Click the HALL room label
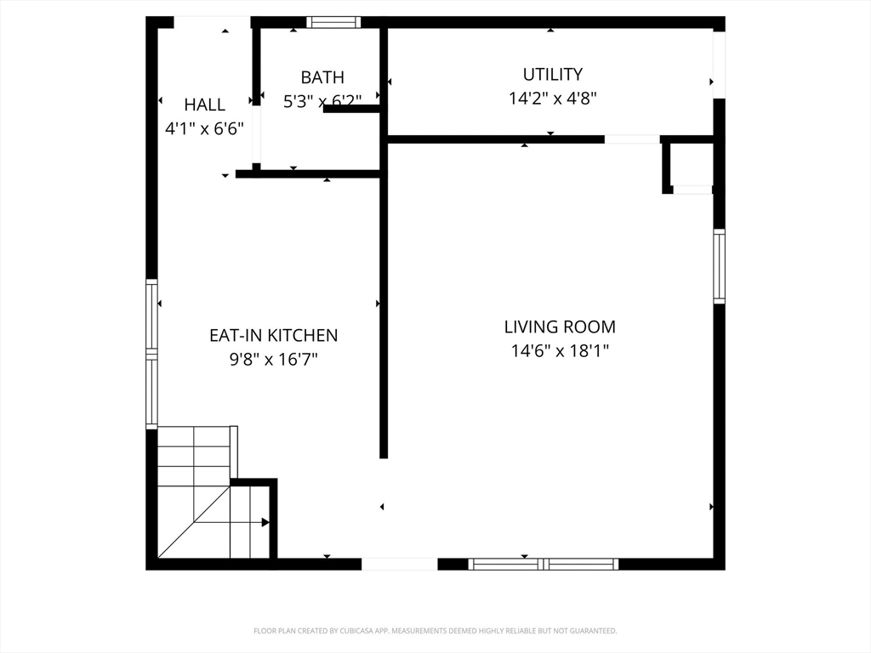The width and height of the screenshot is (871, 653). coord(205,105)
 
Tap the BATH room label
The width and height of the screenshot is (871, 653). coord(322,77)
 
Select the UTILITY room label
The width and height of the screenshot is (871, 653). coord(552,74)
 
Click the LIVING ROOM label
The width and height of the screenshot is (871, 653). coord(560,326)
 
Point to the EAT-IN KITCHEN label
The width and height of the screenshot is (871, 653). coord(274,335)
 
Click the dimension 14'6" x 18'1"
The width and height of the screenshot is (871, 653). coord(560,350)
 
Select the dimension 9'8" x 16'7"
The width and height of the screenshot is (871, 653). coord(274,359)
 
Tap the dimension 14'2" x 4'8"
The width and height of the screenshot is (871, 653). coord(552,98)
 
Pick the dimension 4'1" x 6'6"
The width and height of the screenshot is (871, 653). coord(205,128)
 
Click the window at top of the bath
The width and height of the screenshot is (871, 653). coord(333,22)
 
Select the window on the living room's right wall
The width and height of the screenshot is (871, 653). coord(719,266)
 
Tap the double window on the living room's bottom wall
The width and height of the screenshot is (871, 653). coord(543,564)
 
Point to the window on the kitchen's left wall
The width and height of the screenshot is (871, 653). coord(151,354)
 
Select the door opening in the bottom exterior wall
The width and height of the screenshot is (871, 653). coord(400,564)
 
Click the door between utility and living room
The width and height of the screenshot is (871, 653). coord(632,139)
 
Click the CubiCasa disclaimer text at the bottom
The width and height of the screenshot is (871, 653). coord(435,631)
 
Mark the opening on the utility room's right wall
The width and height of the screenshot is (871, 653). coord(719,65)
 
